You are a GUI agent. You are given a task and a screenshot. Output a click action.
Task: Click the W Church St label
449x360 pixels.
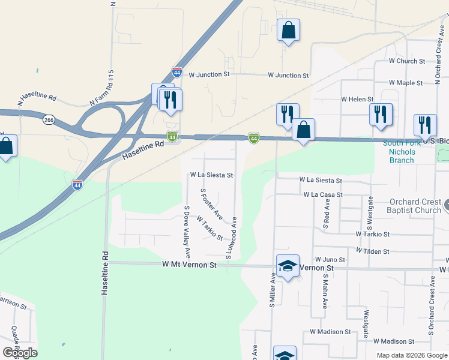point(406,61)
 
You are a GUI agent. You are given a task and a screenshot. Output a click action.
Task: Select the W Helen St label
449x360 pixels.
point(357,99)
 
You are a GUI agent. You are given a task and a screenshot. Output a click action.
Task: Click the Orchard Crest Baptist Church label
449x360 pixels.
point(415,206)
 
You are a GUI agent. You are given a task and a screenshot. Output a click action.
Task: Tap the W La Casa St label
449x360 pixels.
point(323,195)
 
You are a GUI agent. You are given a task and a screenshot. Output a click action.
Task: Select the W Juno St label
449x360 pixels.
point(330,260)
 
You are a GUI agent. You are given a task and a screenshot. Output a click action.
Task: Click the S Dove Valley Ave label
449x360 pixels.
point(187,226)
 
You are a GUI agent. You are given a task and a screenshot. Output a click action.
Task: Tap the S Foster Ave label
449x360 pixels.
point(211,204)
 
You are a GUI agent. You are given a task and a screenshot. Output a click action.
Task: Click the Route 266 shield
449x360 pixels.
point(49,121)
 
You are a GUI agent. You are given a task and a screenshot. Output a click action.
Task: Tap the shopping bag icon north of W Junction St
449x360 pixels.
point(288,30)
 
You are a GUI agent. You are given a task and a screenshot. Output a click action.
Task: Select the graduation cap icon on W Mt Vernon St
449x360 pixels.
point(288,266)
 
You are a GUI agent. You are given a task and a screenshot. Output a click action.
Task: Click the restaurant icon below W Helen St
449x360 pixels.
point(381,115)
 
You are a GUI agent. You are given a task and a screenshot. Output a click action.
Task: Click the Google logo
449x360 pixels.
point(20,353)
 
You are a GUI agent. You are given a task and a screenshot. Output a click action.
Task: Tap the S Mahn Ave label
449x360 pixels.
point(324,292)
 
